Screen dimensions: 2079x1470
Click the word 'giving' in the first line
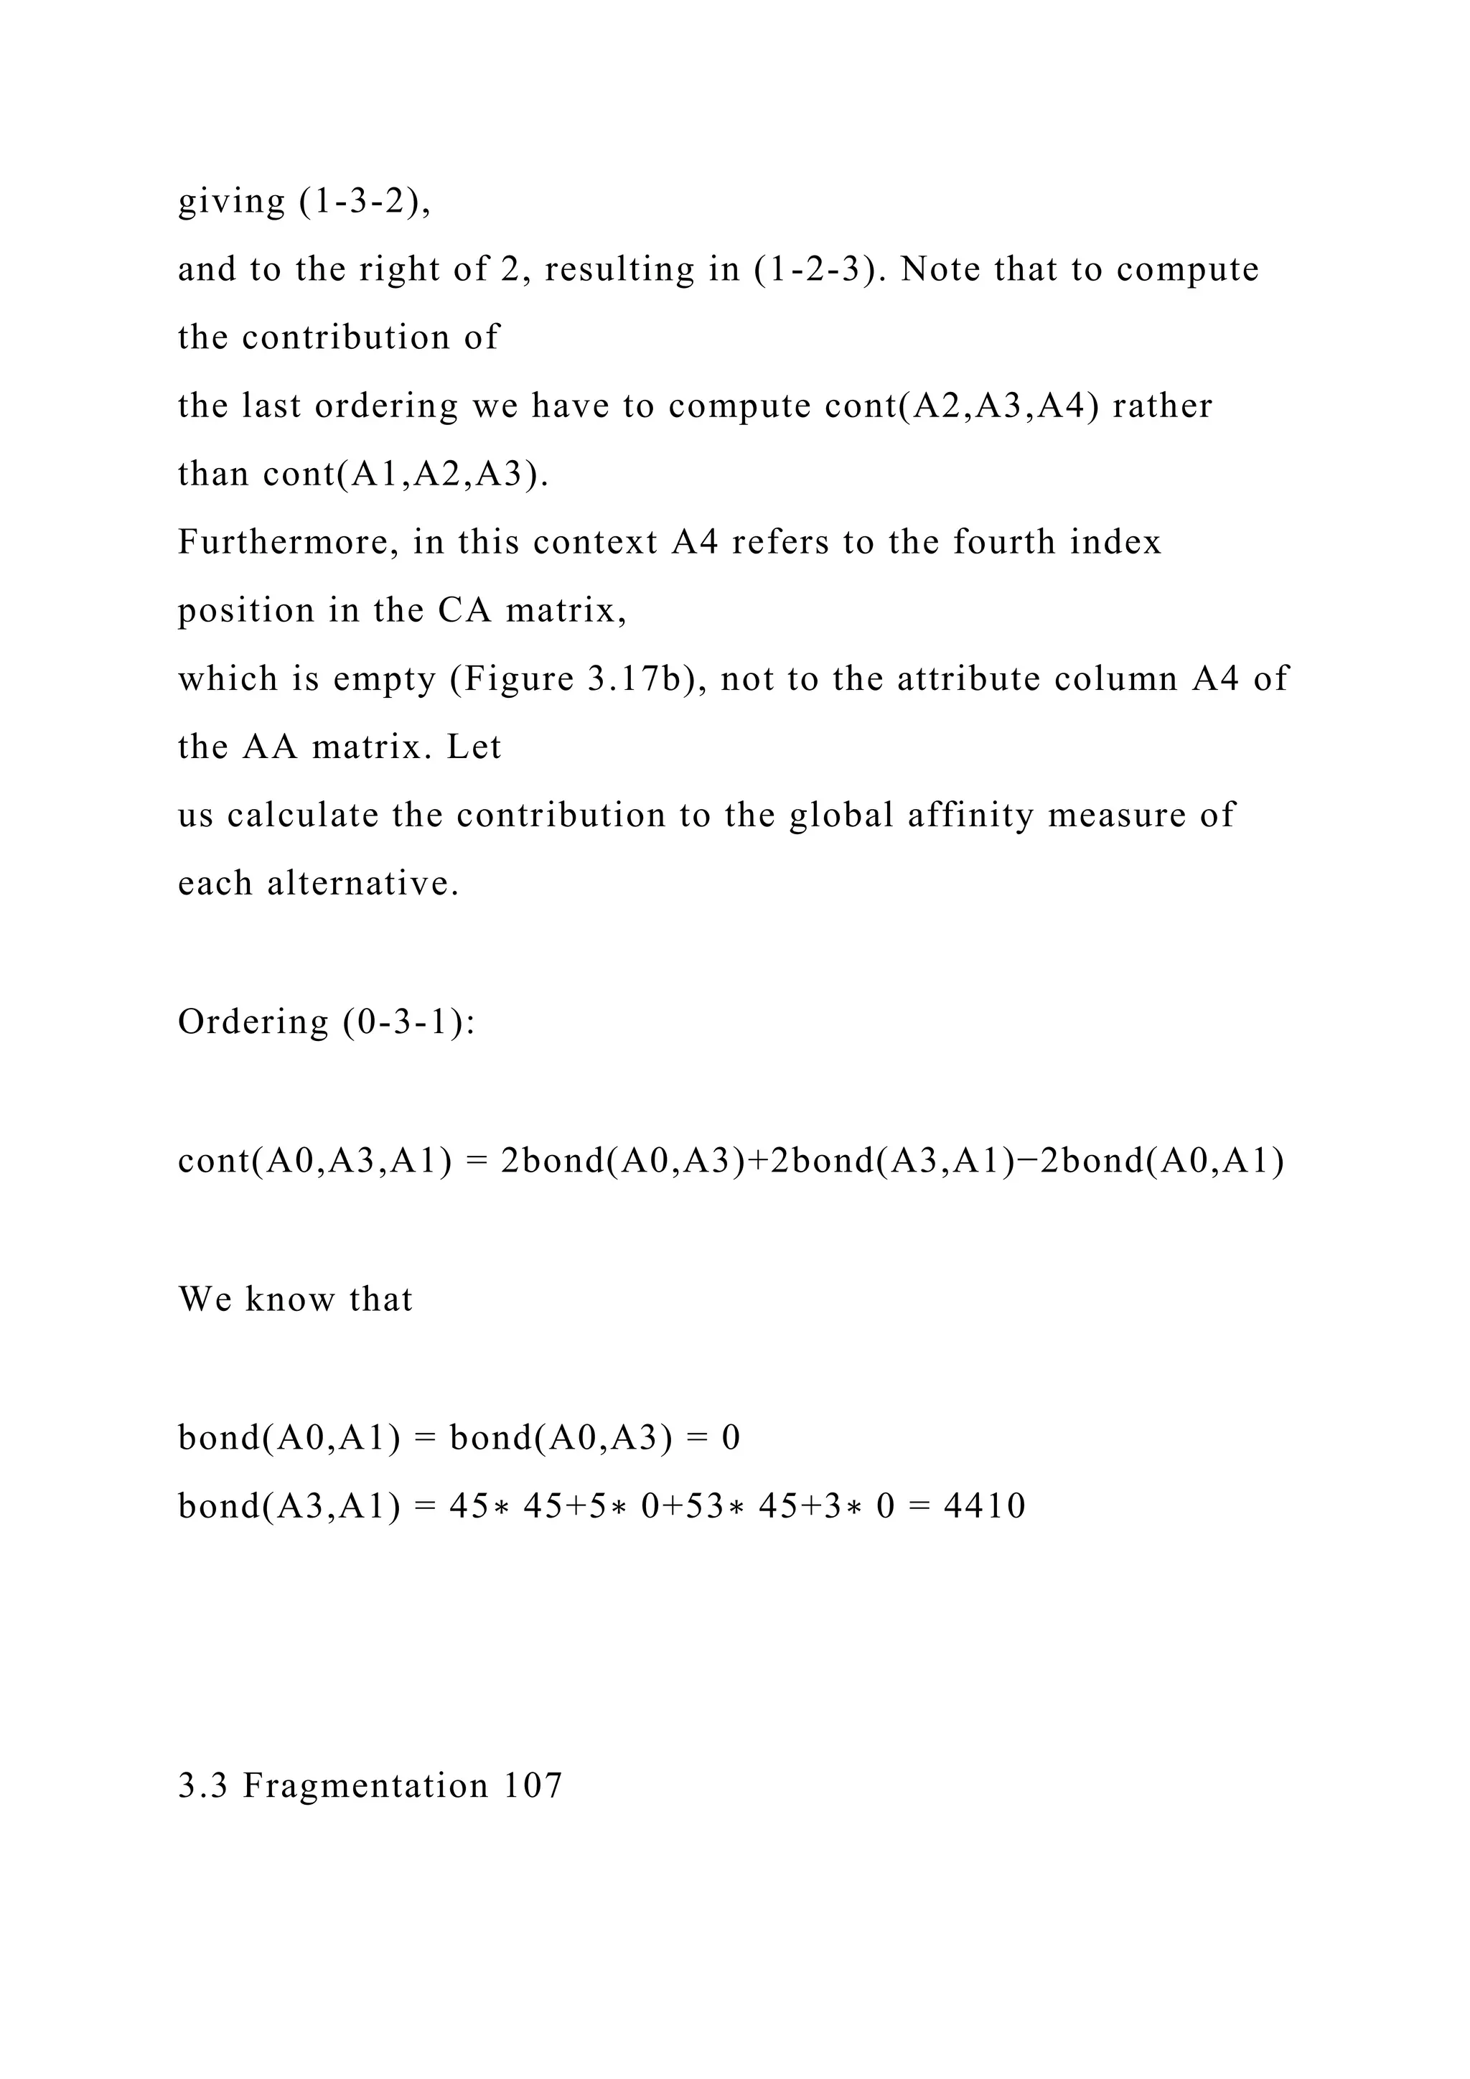click(x=232, y=200)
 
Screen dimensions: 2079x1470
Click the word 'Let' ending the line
click(x=474, y=747)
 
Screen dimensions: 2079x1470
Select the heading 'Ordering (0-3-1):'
click(x=326, y=1022)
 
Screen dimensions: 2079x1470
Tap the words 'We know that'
click(x=295, y=1299)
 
